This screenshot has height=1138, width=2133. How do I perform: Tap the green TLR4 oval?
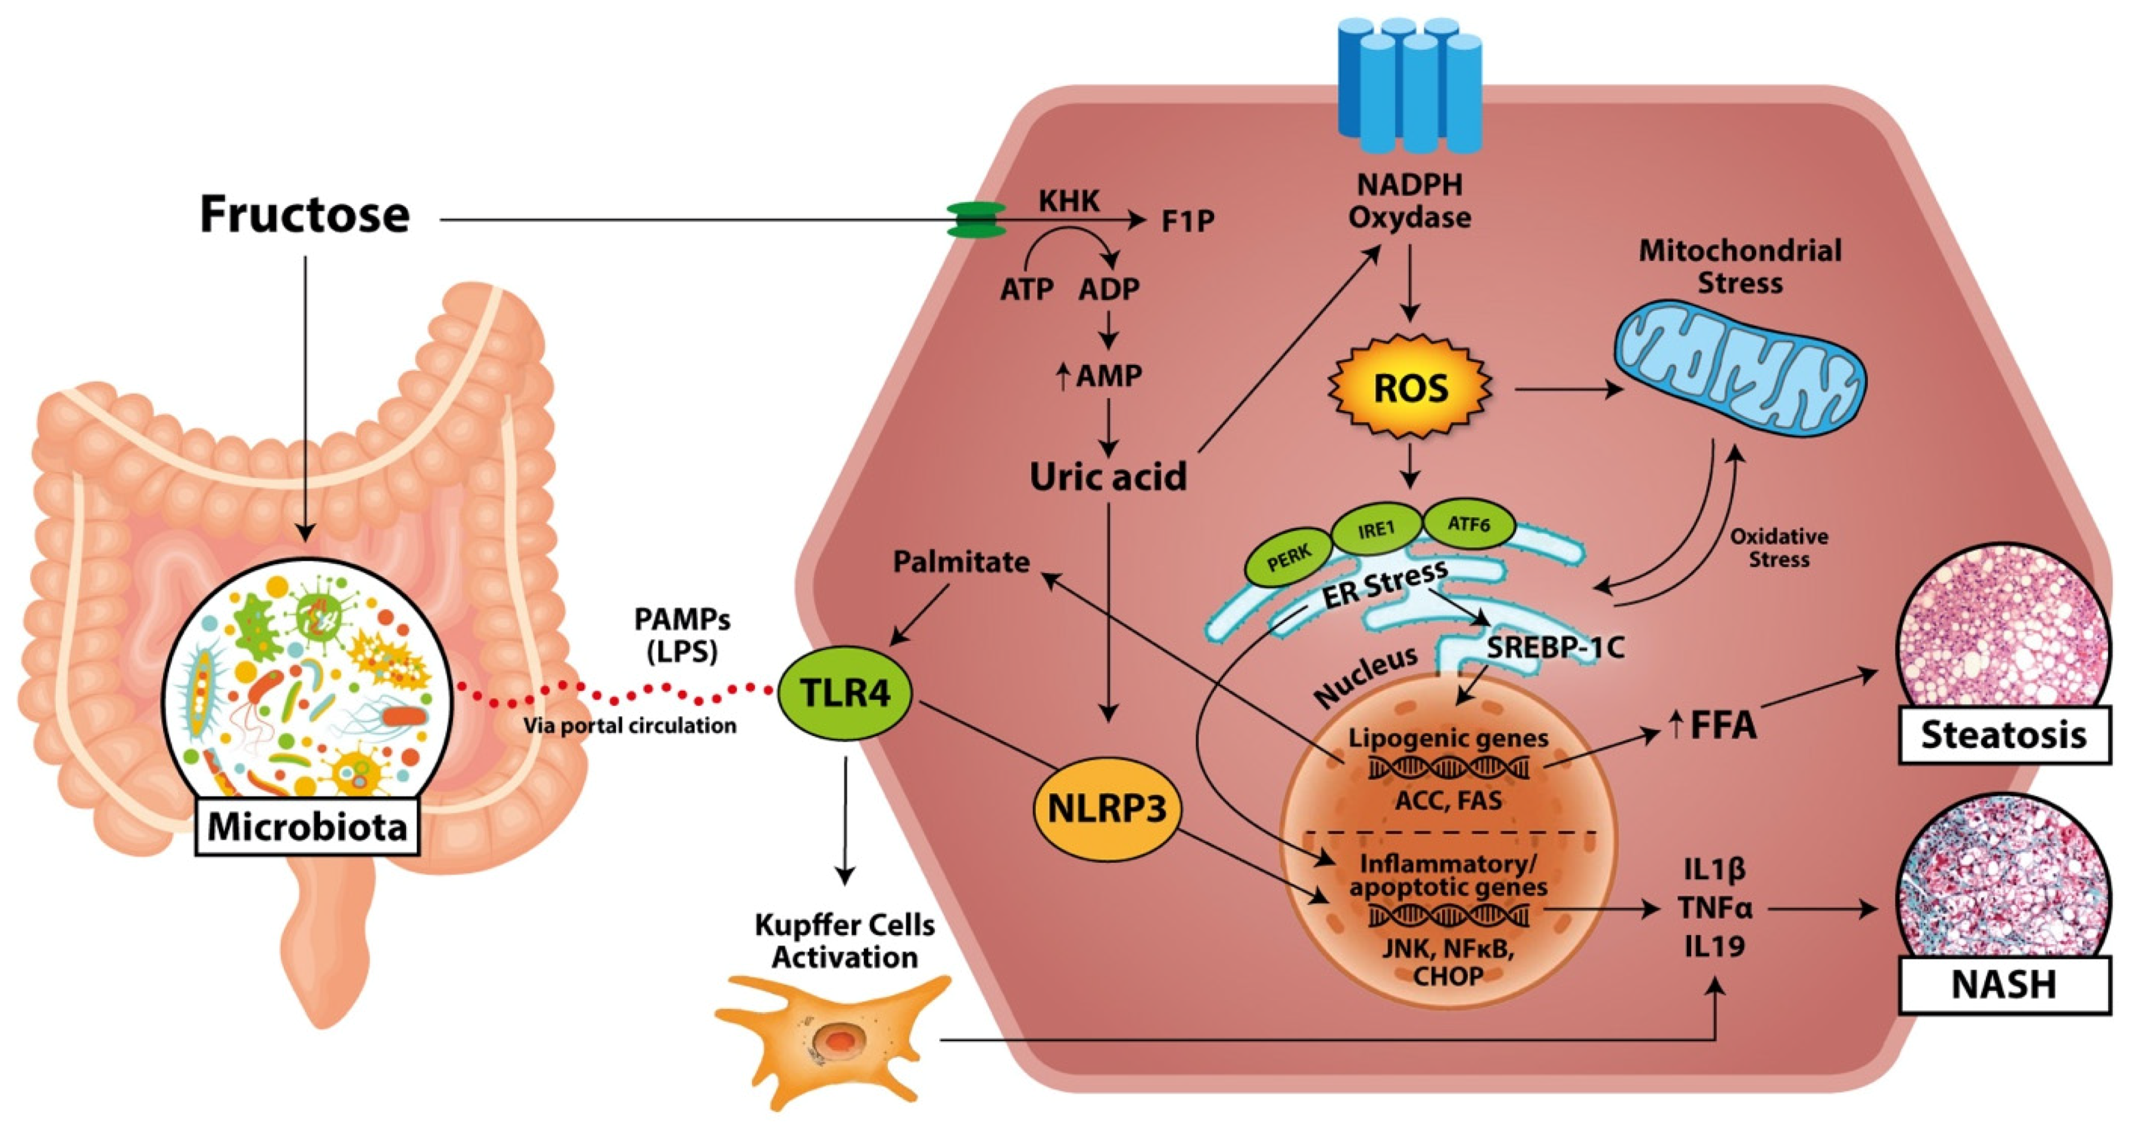tap(845, 692)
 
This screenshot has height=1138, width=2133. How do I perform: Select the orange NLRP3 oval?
tap(1107, 809)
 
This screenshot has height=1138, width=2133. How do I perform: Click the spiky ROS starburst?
tap(1410, 388)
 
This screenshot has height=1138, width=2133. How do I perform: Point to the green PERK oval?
tap(1289, 561)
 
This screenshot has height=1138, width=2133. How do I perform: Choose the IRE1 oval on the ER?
tap(1376, 529)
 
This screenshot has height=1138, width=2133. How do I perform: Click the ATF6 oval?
tap(1468, 524)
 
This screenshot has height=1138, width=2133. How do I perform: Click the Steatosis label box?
tap(2003, 735)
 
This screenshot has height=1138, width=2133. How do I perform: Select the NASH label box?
tap(2003, 985)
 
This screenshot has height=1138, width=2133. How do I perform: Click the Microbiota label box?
tap(307, 827)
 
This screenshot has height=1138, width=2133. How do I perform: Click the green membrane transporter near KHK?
tap(977, 220)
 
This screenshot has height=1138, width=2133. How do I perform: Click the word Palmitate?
tap(961, 562)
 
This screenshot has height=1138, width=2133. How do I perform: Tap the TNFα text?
tap(1715, 908)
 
